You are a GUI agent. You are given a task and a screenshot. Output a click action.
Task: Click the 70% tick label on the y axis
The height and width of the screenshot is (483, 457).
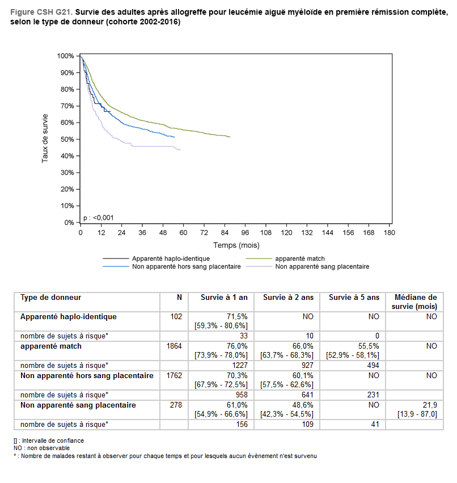[67, 106]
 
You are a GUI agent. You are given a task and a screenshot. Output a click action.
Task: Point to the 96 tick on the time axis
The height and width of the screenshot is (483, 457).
[245, 233]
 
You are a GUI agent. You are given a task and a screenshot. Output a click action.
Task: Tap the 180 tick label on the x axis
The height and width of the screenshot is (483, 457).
[389, 233]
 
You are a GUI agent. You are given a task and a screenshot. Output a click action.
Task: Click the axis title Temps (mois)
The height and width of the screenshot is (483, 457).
[236, 245]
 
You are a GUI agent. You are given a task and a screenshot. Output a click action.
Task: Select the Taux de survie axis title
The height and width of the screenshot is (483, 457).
[45, 139]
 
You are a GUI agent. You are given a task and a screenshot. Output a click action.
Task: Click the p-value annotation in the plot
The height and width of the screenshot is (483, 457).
[98, 217]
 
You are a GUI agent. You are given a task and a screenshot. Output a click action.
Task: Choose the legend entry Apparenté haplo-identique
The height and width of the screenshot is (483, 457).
[163, 259]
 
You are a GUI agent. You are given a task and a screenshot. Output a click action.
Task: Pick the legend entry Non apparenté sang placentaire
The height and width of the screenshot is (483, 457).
[321, 266]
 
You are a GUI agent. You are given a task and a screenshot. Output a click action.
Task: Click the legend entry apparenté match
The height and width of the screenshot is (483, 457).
[303, 259]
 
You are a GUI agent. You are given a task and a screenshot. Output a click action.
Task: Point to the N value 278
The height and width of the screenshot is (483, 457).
[176, 405]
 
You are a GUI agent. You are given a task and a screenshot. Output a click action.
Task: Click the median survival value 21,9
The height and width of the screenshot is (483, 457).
[430, 405]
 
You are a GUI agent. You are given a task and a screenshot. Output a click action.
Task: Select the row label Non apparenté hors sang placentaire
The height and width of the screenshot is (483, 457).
[87, 375]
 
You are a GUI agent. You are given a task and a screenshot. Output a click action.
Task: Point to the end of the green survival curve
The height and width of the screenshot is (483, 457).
[230, 137]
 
